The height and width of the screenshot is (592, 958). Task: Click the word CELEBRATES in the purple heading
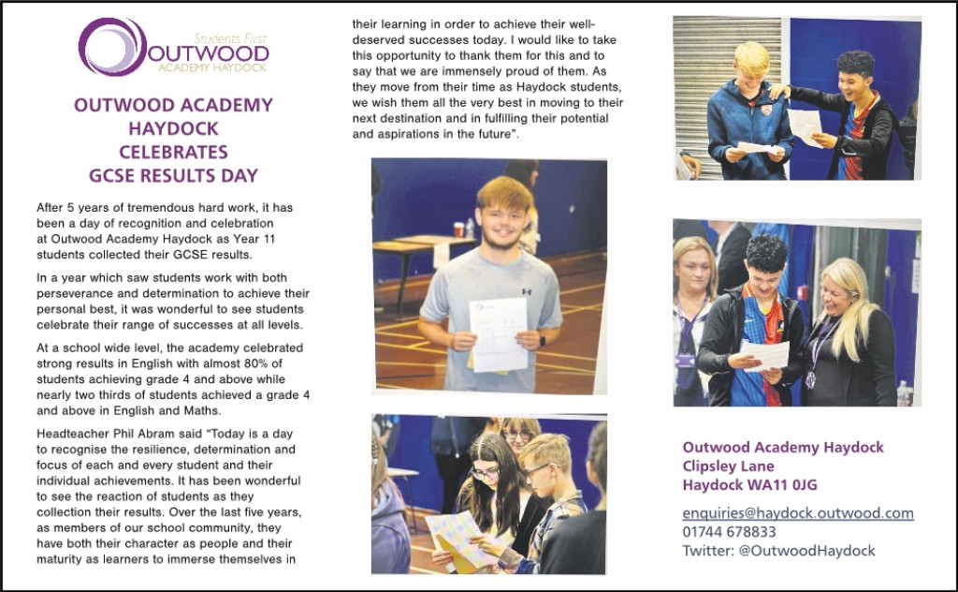pyautogui.click(x=173, y=152)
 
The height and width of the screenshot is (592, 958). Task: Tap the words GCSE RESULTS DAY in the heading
pyautogui.click(x=173, y=175)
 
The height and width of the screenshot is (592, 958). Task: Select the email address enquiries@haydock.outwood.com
pyautogui.click(x=798, y=513)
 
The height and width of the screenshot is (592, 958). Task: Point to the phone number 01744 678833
pyautogui.click(x=729, y=532)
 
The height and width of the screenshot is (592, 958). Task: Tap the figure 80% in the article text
pyautogui.click(x=282, y=364)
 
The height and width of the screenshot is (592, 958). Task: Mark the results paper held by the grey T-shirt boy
pyautogui.click(x=498, y=333)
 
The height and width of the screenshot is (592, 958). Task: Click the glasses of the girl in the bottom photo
pyautogui.click(x=486, y=474)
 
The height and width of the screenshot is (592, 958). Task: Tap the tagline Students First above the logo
pyautogui.click(x=230, y=38)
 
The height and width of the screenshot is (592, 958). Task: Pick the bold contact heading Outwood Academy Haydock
pyautogui.click(x=783, y=448)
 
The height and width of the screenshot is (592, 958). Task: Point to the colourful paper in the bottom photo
pyautogui.click(x=463, y=539)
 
